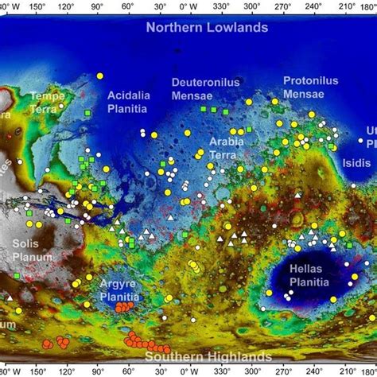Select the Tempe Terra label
47,103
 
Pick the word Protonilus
311,81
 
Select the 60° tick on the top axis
127,5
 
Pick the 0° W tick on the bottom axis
188,371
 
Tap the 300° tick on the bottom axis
252,371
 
